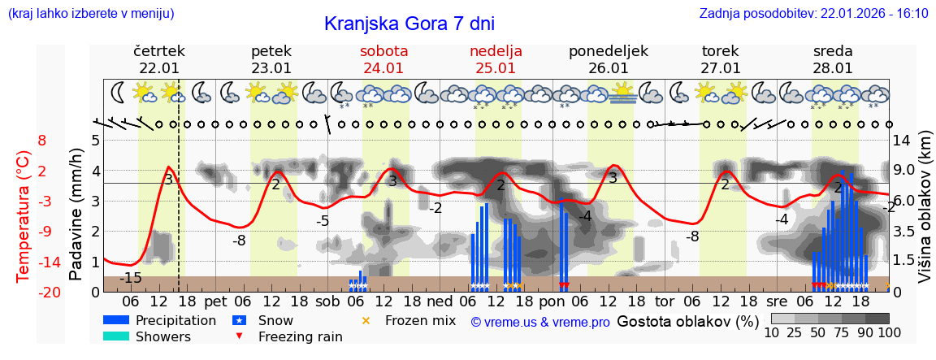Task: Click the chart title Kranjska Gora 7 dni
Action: (409, 24)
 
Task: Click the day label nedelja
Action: (496, 51)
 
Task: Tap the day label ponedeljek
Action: (609, 51)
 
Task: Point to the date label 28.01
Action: (833, 68)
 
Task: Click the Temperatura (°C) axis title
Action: (24, 215)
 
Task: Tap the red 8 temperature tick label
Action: (42, 141)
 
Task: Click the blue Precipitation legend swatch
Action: (116, 320)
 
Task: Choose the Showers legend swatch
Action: (116, 336)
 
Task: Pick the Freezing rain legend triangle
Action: (238, 336)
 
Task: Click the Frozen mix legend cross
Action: (366, 320)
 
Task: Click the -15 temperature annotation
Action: (130, 279)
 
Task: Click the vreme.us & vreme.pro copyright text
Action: (540, 322)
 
